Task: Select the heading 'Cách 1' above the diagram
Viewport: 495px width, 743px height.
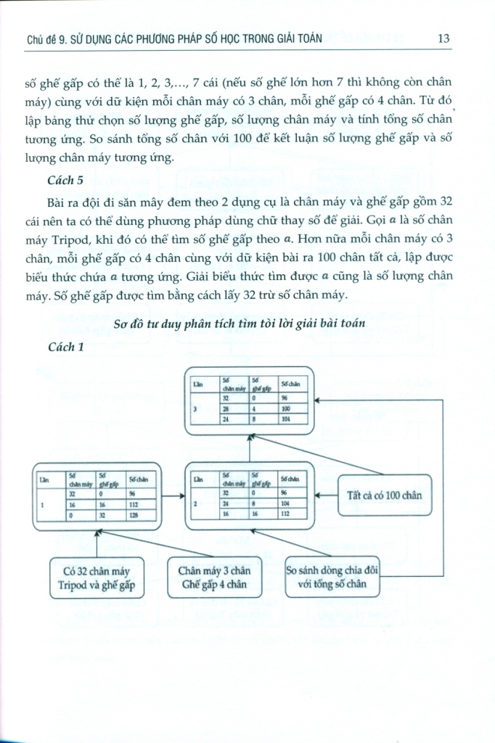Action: click(x=66, y=347)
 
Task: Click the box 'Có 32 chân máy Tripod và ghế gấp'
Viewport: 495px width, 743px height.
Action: click(x=97, y=577)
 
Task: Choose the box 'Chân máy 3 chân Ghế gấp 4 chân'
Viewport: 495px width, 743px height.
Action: click(x=215, y=577)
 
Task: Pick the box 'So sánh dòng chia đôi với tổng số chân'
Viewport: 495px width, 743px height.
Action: click(x=332, y=577)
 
